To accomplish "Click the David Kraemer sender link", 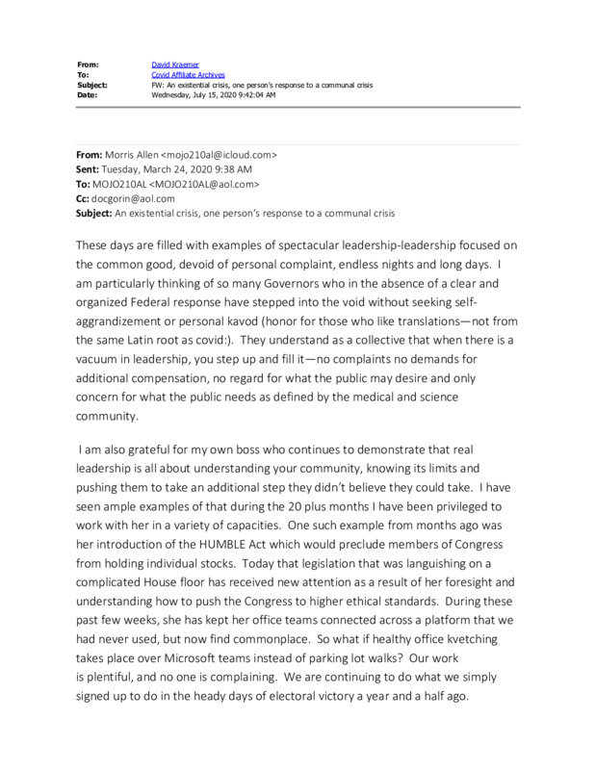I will coord(174,64).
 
